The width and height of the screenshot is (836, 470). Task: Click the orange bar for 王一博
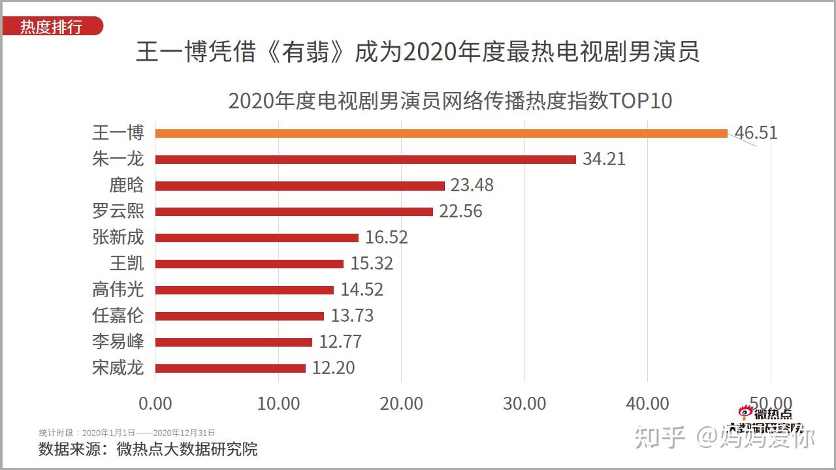click(x=441, y=133)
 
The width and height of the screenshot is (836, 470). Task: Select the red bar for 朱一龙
click(x=366, y=159)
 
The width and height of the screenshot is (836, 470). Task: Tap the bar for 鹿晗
click(x=300, y=185)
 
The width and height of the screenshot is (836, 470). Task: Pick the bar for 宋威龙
click(x=231, y=368)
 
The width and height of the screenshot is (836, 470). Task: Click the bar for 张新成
click(x=257, y=238)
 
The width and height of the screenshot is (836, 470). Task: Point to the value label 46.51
click(x=756, y=133)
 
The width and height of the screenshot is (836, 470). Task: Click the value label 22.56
click(x=460, y=211)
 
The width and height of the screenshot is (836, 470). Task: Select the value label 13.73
click(x=352, y=316)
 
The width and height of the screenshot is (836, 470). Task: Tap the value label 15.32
click(x=372, y=264)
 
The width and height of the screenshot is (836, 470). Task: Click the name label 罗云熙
click(x=118, y=211)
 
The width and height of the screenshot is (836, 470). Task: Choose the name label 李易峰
click(x=118, y=341)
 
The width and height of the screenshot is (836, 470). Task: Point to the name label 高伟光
click(x=118, y=289)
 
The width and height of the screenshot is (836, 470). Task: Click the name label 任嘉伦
click(x=118, y=315)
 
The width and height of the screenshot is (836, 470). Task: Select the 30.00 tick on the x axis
click(x=524, y=403)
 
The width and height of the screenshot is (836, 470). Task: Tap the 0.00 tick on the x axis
click(x=155, y=403)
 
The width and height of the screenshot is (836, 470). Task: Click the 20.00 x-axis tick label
click(x=402, y=403)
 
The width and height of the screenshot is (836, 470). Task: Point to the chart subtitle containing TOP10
click(x=450, y=101)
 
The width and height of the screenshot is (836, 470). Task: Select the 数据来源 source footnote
click(x=148, y=449)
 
